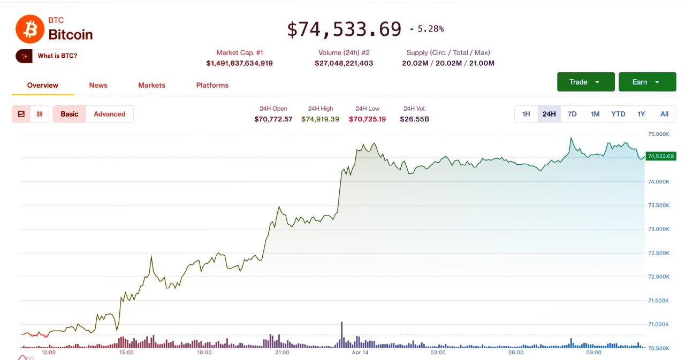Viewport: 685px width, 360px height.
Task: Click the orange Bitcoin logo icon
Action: [30, 29]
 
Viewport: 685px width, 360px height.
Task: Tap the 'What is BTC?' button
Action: [50, 56]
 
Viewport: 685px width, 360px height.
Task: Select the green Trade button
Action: [585, 82]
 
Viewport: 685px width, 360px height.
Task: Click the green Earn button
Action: [647, 82]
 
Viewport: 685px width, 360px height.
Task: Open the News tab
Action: [98, 85]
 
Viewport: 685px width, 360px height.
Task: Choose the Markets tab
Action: [151, 85]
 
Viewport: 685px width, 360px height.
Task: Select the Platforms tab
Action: [212, 85]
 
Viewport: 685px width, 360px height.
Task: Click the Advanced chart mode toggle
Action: [109, 114]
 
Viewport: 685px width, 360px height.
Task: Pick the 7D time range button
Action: [572, 114]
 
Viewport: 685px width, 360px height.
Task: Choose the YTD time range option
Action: [618, 114]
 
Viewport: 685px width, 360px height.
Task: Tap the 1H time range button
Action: [526, 114]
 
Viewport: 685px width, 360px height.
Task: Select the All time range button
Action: [664, 114]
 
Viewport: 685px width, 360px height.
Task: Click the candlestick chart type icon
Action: [40, 114]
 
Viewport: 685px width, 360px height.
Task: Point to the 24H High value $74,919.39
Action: [320, 119]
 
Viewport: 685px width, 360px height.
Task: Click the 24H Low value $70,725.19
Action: [367, 119]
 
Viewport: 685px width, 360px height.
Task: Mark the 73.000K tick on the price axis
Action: [658, 229]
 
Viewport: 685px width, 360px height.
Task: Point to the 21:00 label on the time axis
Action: [282, 353]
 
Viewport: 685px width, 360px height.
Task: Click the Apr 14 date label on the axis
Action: [360, 353]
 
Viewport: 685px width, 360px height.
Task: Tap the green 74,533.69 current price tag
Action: [660, 156]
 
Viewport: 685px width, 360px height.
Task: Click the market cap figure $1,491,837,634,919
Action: [239, 63]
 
